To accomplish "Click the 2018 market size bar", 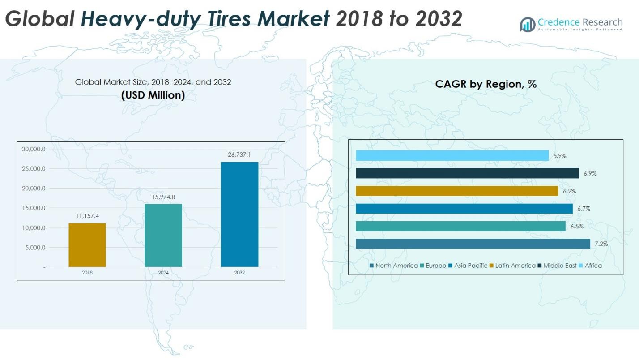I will (87, 245).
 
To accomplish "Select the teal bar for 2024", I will (163, 236).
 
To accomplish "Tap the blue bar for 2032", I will (239, 214).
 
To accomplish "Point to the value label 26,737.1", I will (239, 154).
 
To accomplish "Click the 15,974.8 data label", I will (163, 197).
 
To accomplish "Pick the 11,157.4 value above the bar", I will (87, 216).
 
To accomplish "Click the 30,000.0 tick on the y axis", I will (34, 149).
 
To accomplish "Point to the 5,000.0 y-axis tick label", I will (34, 248).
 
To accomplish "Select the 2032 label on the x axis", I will (239, 273).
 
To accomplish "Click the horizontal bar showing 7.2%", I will (473, 244).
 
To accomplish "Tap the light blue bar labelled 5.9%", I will (452, 156).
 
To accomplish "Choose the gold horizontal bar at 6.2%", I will (457, 191).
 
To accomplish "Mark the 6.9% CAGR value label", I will (590, 173).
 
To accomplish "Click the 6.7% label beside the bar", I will (584, 209).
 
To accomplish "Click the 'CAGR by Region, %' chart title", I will (486, 84).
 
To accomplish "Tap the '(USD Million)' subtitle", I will (153, 95).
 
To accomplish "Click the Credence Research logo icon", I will (528, 24).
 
